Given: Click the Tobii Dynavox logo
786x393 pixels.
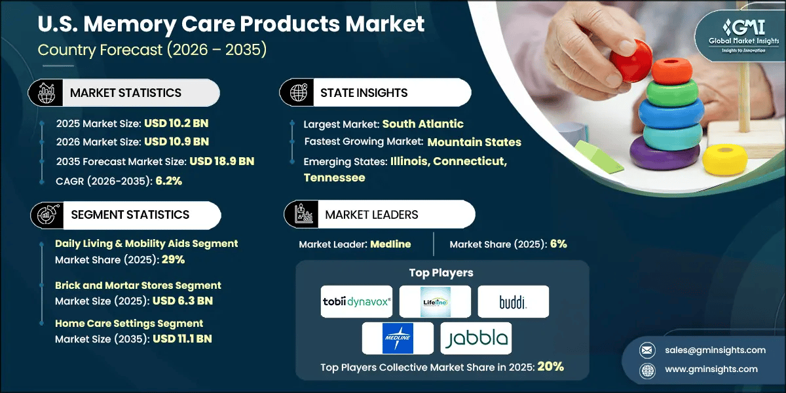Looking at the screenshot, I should [356, 301].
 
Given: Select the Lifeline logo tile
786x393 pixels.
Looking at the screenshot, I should [435, 301].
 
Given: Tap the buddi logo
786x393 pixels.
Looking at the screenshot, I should [513, 301].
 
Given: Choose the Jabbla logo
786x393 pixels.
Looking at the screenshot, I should [476, 339].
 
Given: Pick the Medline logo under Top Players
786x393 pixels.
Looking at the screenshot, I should [398, 339].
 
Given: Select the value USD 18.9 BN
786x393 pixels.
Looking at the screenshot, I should [221, 161].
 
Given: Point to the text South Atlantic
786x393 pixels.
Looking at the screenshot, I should [422, 124].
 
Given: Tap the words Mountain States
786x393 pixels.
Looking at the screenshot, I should [474, 141].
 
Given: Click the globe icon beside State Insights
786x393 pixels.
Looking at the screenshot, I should [299, 93].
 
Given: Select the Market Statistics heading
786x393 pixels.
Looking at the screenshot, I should [126, 93].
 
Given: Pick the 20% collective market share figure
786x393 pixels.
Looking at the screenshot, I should [550, 367].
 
